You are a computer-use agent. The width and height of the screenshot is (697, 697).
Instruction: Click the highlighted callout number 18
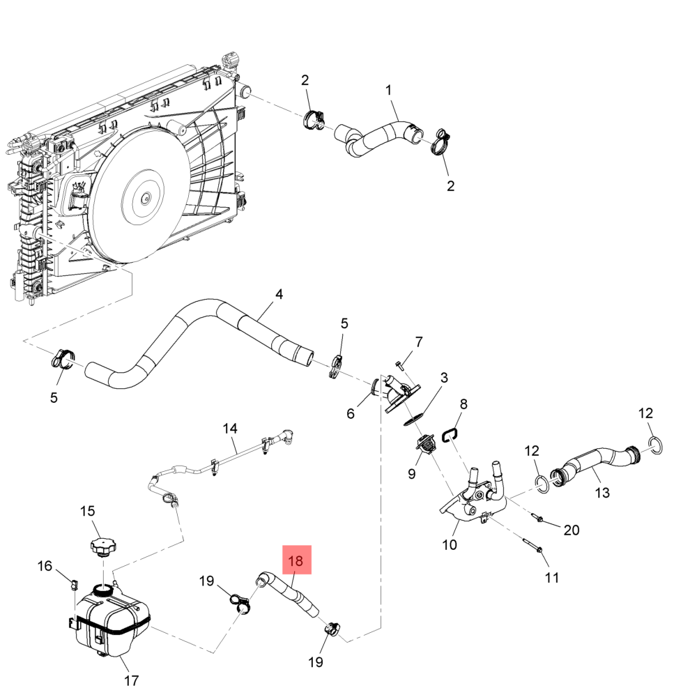click(x=296, y=560)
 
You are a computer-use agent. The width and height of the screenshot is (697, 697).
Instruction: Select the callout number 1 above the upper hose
click(x=389, y=90)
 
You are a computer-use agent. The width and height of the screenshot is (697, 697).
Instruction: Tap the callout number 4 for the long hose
click(x=279, y=294)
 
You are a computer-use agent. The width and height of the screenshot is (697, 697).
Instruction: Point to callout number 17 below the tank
click(x=132, y=680)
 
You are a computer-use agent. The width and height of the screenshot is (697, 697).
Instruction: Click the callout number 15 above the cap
click(x=87, y=511)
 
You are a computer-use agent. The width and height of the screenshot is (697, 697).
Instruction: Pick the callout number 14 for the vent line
click(x=230, y=428)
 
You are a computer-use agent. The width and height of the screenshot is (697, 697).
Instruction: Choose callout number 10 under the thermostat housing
click(x=450, y=544)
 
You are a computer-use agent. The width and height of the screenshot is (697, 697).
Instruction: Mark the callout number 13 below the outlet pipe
click(x=602, y=493)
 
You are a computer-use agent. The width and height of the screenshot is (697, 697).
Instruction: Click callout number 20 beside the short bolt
click(x=571, y=530)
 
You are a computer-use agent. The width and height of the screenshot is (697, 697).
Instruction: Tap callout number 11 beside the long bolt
click(x=551, y=577)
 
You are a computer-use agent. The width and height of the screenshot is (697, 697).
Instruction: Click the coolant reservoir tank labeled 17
click(x=112, y=620)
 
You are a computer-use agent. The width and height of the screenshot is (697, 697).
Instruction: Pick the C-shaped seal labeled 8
click(x=450, y=435)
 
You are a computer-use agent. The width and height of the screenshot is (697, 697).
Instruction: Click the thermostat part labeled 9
click(x=424, y=444)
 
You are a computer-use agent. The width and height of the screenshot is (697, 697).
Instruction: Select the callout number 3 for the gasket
click(x=443, y=378)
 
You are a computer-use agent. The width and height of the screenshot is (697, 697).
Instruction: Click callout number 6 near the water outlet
click(x=351, y=413)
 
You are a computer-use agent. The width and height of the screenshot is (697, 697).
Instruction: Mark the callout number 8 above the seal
click(x=464, y=404)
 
